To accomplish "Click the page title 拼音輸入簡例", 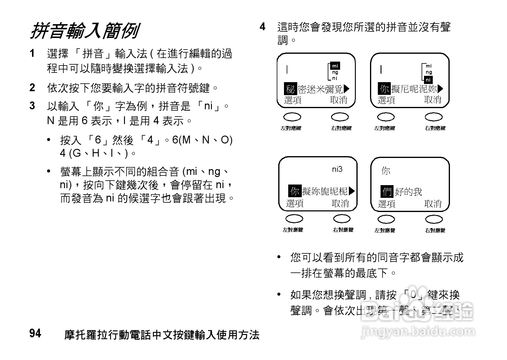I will (84, 31).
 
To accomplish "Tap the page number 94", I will (35, 333).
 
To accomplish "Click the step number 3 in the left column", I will (32, 106).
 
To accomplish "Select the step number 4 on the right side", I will (263, 27).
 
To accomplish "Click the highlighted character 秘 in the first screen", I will (290, 89).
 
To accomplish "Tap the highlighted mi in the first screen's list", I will (335, 66).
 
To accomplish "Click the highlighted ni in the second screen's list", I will (428, 80).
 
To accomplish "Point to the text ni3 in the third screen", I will (337, 169).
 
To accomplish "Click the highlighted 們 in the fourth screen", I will (387, 191).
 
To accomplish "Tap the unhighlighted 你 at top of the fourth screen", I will (386, 171).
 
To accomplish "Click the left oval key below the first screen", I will (292, 117).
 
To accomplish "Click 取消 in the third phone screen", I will (340, 204).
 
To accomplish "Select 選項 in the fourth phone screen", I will (387, 204).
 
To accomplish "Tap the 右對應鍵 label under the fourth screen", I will (435, 230).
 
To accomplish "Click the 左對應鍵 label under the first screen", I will (291, 128).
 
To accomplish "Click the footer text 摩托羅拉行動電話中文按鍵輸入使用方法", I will (162, 335).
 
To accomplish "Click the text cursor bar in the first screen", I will (287, 70).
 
